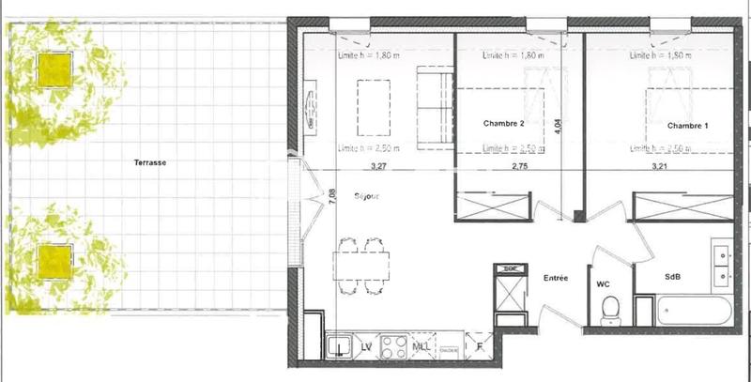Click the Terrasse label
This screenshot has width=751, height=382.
tap(150, 162)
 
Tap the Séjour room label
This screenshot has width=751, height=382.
tap(365, 196)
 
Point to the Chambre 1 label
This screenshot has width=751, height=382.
tap(688, 125)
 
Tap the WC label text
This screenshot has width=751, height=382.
tap(604, 282)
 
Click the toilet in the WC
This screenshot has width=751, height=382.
tap(610, 307)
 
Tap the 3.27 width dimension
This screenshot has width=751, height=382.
tap(378, 168)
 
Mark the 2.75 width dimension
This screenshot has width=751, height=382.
tap(521, 168)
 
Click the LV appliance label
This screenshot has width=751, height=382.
tap(366, 347)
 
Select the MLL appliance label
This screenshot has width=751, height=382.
tap(421, 347)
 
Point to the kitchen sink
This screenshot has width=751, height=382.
tap(339, 347)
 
